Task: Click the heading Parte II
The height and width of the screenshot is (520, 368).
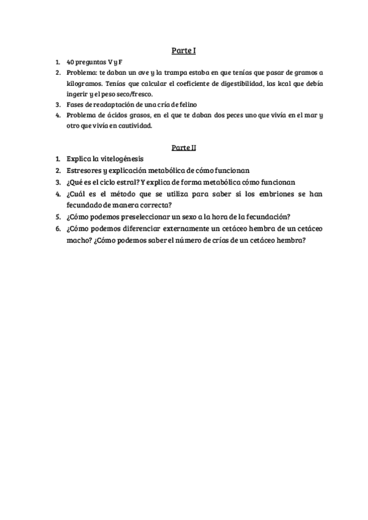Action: (x=183, y=147)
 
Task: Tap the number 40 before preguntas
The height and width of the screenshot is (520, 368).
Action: (x=71, y=63)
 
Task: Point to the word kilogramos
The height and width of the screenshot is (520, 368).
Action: (x=84, y=83)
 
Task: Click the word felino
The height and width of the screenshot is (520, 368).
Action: (x=184, y=104)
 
